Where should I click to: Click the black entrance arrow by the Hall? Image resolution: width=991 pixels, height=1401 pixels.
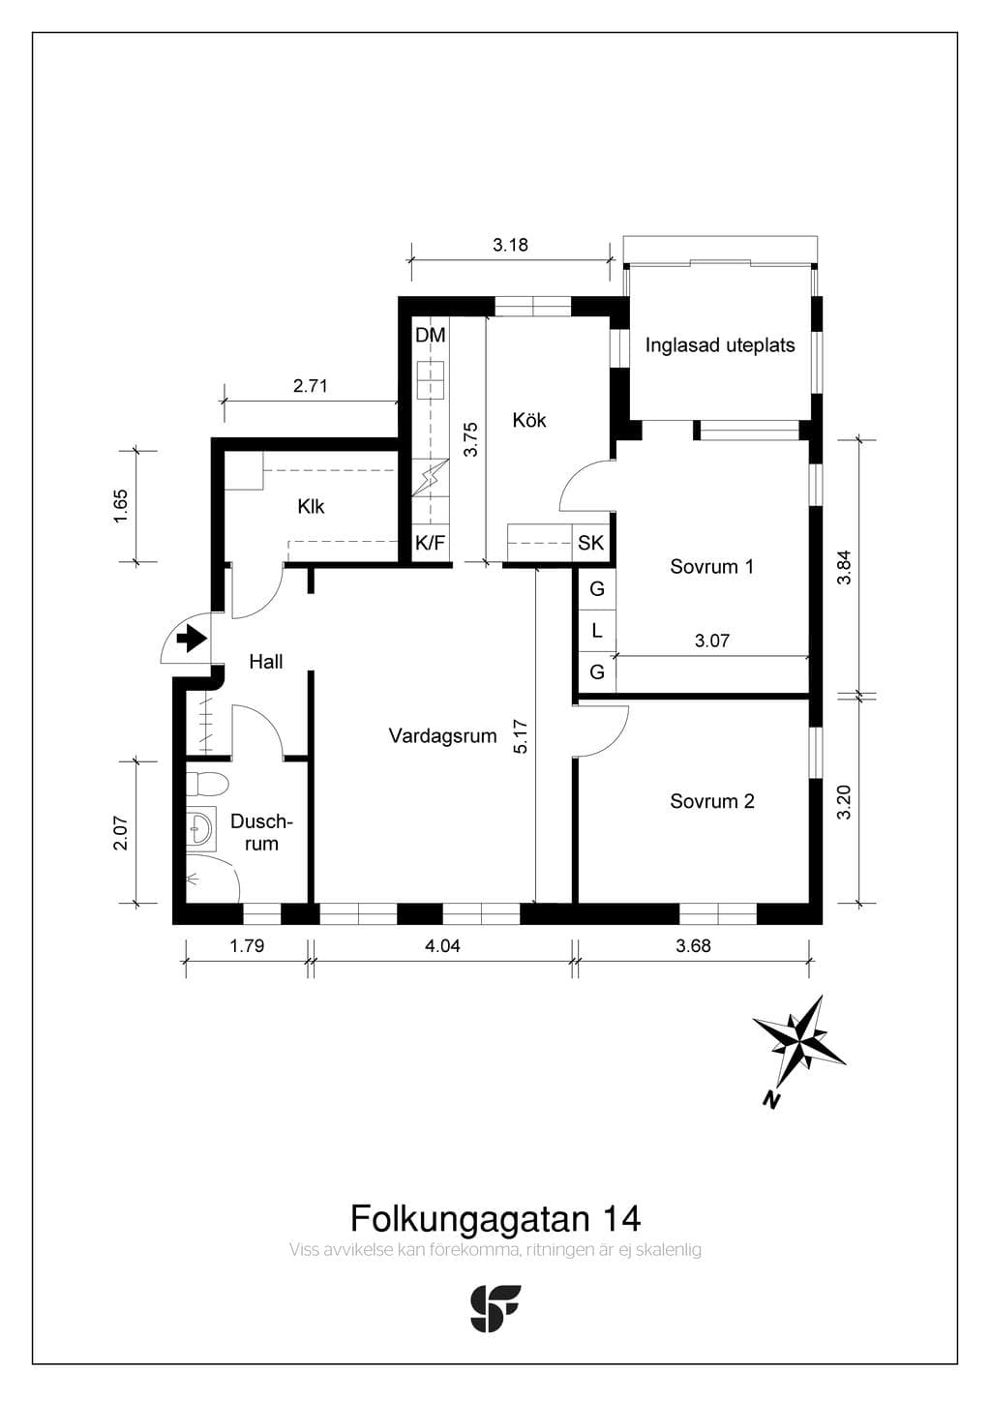[x=192, y=639]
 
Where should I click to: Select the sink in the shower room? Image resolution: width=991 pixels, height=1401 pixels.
[x=201, y=829]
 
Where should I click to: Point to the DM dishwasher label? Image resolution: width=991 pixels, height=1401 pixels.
[x=431, y=335]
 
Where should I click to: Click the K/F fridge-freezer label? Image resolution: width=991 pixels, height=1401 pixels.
[x=431, y=542]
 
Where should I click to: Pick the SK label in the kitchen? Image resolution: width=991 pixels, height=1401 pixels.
[x=590, y=542]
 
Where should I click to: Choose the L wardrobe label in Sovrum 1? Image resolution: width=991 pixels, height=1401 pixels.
[x=597, y=631]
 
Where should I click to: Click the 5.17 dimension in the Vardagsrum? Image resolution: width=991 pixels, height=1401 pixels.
[x=521, y=736]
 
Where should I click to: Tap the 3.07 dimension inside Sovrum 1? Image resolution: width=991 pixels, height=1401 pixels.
[x=712, y=641]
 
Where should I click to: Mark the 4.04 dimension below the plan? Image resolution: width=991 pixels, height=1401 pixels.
[x=442, y=945]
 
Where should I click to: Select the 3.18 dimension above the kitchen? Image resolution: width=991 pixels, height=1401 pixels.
[x=511, y=245]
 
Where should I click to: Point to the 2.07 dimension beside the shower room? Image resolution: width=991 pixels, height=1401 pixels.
[x=121, y=833]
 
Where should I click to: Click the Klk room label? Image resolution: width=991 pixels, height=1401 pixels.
[x=311, y=506]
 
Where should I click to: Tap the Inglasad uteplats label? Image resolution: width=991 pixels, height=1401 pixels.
[x=720, y=345]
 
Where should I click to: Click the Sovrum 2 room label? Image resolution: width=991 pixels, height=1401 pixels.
[x=712, y=801]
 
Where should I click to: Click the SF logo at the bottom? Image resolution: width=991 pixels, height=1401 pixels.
[x=495, y=1308]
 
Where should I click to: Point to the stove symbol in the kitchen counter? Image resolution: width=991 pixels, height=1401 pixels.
[x=431, y=379]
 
